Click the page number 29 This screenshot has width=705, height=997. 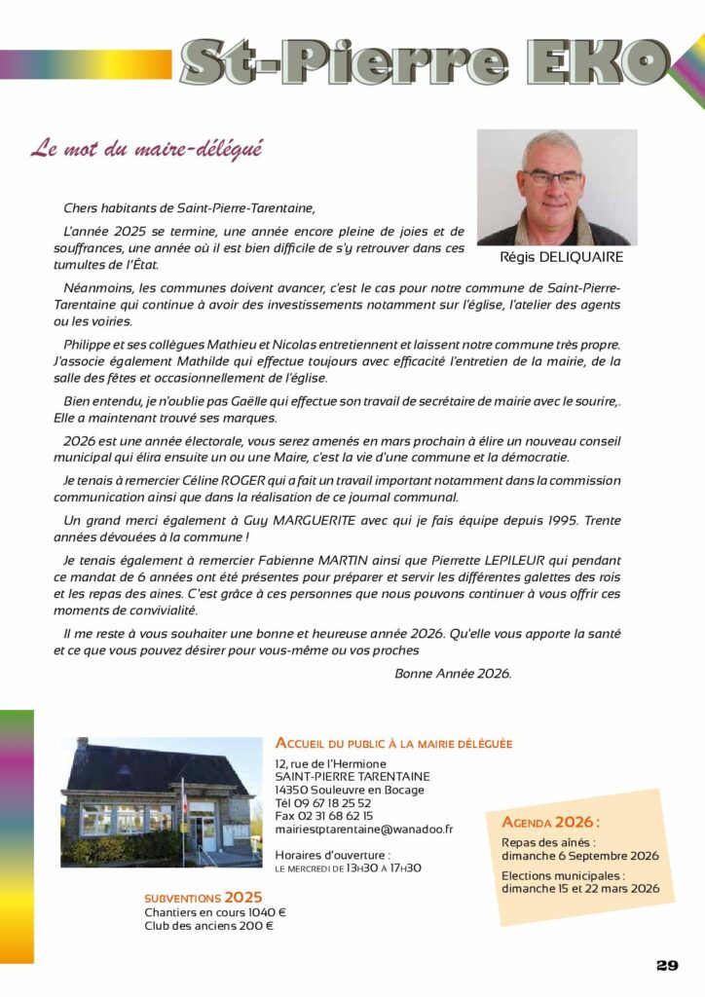click(x=667, y=965)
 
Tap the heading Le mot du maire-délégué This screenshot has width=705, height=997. click(x=146, y=150)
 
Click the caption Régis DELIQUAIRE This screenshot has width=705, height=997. click(x=561, y=258)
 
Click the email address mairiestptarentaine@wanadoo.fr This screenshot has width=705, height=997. click(x=364, y=829)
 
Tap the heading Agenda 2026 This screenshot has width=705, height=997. click(x=551, y=821)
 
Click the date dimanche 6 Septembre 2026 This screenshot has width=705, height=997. click(x=579, y=856)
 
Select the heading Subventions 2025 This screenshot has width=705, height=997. click(x=203, y=897)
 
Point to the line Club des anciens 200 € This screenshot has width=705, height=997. click(x=208, y=926)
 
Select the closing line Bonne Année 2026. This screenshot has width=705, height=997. click(x=453, y=673)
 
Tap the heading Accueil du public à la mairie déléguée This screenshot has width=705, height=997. click(x=393, y=743)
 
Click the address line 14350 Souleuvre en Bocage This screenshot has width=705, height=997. click(x=350, y=790)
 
